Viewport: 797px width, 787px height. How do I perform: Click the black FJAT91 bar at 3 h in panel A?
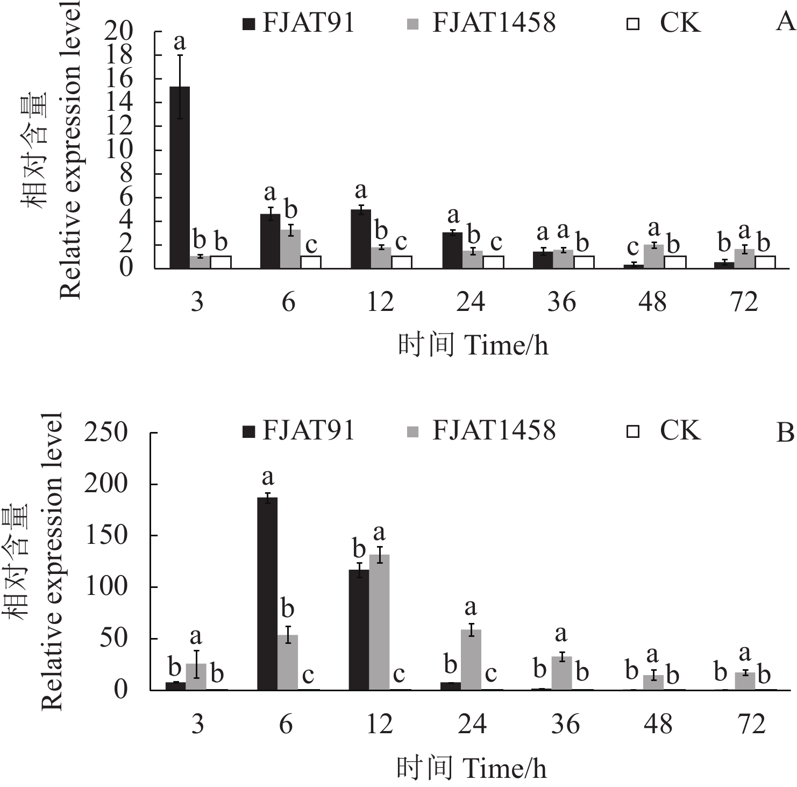tap(180, 178)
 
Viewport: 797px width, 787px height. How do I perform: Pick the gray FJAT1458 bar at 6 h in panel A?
tap(290, 249)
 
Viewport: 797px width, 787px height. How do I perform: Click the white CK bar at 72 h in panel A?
tap(765, 262)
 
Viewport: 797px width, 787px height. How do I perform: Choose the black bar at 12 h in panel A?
tap(361, 239)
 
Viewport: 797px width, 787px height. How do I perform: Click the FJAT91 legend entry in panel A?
tap(299, 23)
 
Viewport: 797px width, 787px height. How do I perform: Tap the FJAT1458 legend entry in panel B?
tap(481, 431)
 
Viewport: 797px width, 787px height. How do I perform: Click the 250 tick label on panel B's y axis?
tap(106, 433)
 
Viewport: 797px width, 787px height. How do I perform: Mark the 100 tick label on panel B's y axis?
tap(106, 587)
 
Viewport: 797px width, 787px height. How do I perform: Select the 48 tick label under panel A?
tap(652, 302)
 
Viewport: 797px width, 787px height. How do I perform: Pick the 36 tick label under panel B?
tap(565, 725)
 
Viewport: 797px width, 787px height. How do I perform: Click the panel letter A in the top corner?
tap(786, 23)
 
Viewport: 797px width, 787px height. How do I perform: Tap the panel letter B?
tap(786, 433)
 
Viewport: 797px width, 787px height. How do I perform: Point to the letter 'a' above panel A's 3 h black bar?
tap(180, 41)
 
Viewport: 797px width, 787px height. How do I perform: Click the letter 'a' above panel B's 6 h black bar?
tap(267, 477)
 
